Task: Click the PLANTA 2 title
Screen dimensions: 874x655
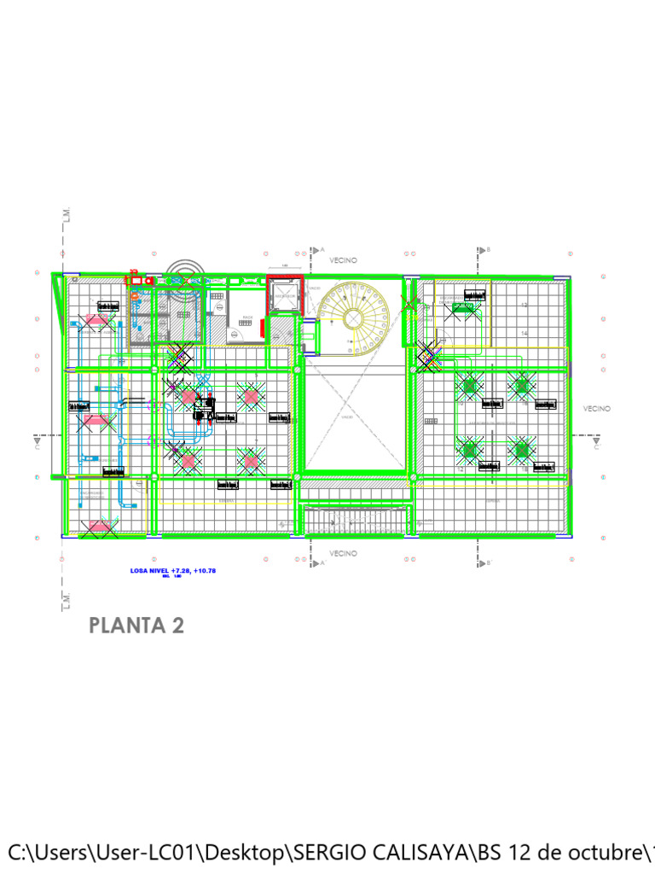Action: point(136,626)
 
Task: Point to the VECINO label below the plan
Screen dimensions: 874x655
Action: point(344,553)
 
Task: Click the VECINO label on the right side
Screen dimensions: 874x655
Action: point(597,409)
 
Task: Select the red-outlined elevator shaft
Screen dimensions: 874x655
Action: point(283,296)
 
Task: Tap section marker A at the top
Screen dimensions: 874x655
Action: point(323,250)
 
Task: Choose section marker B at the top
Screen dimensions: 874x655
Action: point(489,250)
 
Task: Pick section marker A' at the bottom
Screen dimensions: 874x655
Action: point(323,563)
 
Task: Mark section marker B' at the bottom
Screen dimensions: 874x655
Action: point(489,563)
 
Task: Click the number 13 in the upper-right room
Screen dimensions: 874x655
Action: point(524,305)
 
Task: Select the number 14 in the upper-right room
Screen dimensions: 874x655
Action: point(524,333)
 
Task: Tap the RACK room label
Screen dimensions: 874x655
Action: point(247,317)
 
